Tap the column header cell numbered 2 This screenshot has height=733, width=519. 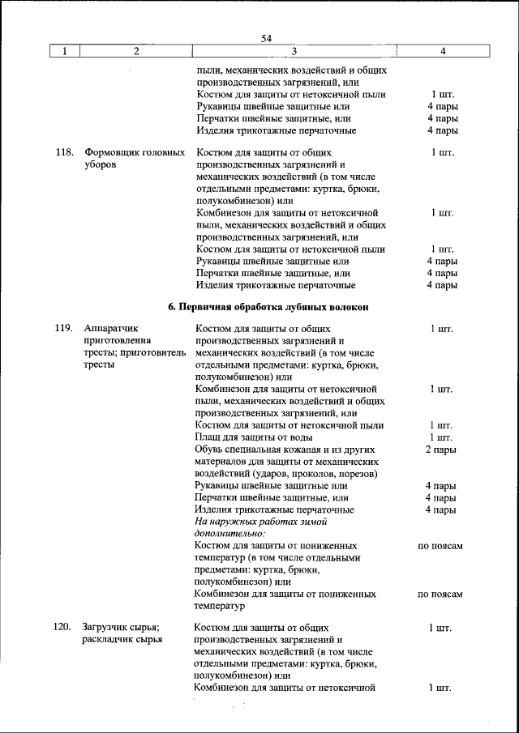tap(135, 52)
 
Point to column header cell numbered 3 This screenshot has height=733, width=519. tap(294, 52)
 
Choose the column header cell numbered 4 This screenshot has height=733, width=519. tap(442, 52)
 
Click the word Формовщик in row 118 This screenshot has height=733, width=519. tap(110, 152)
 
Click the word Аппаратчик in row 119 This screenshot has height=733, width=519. tap(112, 329)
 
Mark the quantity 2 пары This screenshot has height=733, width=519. tap(441, 450)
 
